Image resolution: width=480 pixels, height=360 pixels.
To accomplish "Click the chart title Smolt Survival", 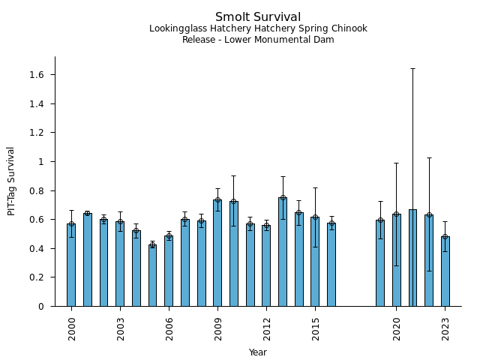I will point(258,17).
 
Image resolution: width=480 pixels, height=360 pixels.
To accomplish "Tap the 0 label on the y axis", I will point(42,306).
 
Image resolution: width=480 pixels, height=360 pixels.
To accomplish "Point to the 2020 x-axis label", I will point(396,328).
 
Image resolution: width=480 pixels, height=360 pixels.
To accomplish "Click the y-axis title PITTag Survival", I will point(11,181).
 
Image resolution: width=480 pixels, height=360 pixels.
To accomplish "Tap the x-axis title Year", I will point(258,352).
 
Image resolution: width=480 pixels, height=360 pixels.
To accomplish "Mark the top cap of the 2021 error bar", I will point(412,68).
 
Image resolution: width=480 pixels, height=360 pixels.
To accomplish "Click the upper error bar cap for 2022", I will point(429,157).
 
